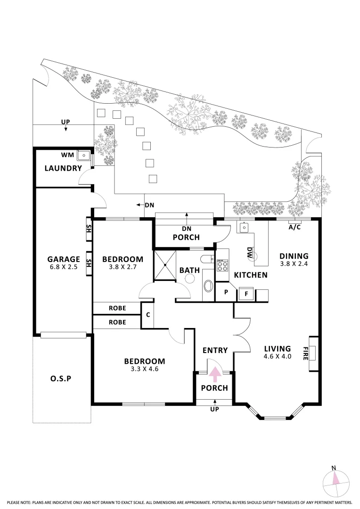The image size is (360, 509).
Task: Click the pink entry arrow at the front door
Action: click(x=214, y=373)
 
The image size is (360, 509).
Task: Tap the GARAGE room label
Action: click(x=63, y=259)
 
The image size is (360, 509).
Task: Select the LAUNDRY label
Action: click(x=63, y=168)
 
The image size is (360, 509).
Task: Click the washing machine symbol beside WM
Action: click(x=84, y=155)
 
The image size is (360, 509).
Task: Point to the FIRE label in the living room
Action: click(x=306, y=353)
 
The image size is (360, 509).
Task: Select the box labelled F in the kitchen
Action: click(x=245, y=293)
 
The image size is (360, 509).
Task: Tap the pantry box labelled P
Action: click(x=226, y=292)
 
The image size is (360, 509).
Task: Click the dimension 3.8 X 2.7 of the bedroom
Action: click(x=123, y=267)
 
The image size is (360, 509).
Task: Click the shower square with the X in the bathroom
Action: click(x=165, y=266)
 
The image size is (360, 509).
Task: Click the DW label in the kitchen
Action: click(x=250, y=253)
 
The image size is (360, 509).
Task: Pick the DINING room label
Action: click(x=293, y=256)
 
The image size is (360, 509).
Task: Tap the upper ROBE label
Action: click(x=117, y=308)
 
